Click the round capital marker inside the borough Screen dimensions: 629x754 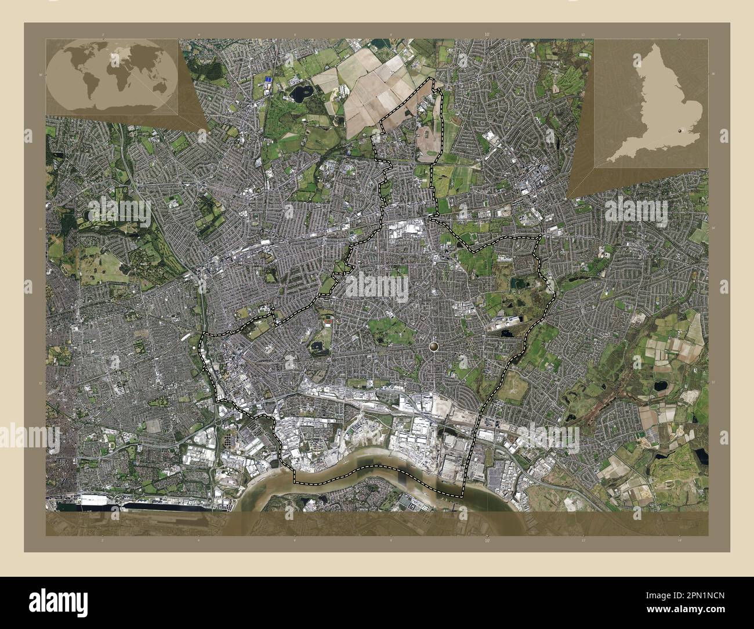click(435, 346)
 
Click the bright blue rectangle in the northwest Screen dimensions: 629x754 click(267, 79)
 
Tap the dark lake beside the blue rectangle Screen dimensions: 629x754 click(300, 92)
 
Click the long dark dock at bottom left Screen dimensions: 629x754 click(168, 506)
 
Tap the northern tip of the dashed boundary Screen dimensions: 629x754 click(430, 78)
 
